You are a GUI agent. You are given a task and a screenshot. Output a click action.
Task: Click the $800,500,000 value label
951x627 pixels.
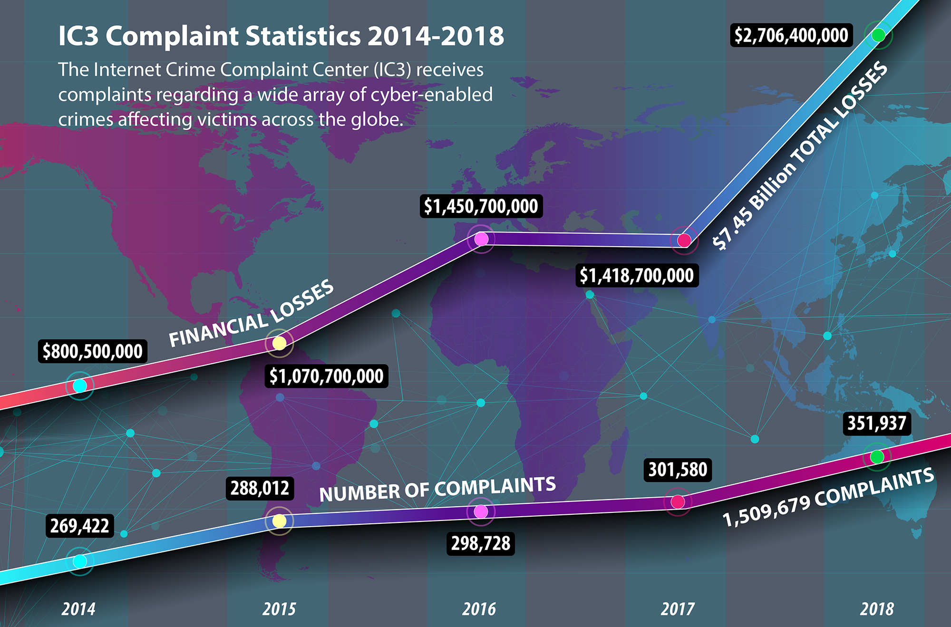[93, 351]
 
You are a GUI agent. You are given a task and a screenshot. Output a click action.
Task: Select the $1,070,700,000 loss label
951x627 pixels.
[326, 376]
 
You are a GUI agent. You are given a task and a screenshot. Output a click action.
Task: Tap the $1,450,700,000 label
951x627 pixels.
[481, 206]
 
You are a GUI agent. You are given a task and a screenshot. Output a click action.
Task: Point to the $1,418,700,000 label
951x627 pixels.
[637, 275]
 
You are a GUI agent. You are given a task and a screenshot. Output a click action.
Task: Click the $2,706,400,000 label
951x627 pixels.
[791, 35]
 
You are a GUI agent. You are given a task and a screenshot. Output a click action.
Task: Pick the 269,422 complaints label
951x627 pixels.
[80, 526]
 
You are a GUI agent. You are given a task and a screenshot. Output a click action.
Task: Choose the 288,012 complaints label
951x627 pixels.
[260, 488]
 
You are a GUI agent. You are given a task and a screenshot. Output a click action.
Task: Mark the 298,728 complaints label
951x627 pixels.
[481, 543]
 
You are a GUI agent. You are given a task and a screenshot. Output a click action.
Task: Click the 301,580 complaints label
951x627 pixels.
[678, 470]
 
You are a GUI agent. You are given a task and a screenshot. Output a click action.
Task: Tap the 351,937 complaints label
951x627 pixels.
[877, 423]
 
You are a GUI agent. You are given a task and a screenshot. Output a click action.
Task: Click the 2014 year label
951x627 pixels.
[78, 609]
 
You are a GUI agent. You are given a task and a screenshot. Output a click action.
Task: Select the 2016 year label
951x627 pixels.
[479, 609]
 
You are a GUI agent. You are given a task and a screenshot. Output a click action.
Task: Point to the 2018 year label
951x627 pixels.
[877, 609]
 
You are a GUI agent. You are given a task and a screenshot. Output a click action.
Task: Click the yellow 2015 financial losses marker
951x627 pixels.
[279, 343]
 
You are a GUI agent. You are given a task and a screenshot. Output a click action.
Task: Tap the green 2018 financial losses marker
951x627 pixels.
[878, 35]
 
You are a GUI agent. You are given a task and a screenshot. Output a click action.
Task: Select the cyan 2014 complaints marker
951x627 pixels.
[80, 561]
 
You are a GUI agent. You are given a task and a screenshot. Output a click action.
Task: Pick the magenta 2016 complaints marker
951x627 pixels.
[481, 511]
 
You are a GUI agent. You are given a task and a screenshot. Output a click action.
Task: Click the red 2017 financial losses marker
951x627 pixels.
[684, 241]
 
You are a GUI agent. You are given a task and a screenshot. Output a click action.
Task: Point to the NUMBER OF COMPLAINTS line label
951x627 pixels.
[437, 489]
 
